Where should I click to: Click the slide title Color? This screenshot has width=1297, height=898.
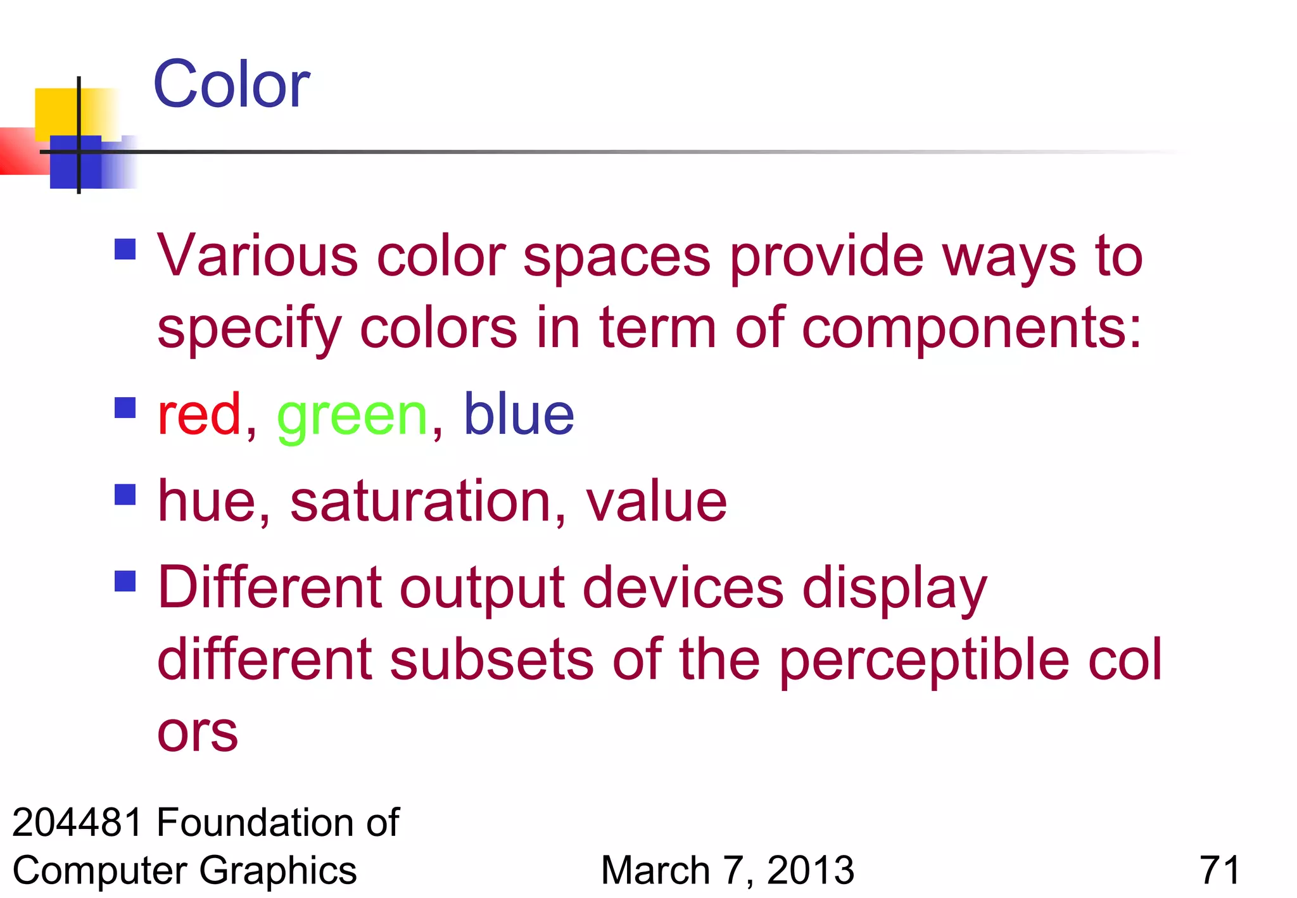point(231,84)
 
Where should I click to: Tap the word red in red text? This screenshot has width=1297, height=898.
point(199,414)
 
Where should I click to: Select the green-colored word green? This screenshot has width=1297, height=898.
point(353,417)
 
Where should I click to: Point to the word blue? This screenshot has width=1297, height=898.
point(519,414)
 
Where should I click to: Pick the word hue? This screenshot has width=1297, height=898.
point(207,502)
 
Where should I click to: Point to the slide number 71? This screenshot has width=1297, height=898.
point(1219,870)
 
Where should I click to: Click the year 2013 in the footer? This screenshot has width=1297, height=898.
point(811,870)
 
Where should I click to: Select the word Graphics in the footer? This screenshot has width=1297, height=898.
point(278,870)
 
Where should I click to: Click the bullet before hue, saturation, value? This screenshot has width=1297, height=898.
point(125,495)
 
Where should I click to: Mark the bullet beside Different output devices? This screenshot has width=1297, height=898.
point(125,581)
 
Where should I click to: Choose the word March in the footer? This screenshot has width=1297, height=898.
point(655,870)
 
